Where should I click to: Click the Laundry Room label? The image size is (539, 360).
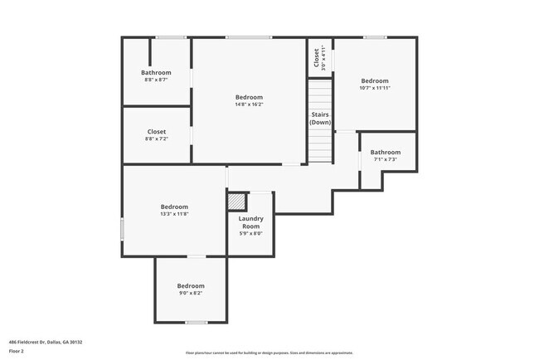pos(251,222)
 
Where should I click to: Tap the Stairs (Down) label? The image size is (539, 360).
pos(321,119)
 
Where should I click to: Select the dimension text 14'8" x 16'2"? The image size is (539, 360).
pos(249,105)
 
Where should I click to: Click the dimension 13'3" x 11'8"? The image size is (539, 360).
pos(174,214)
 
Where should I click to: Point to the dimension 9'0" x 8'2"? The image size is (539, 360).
pos(191,293)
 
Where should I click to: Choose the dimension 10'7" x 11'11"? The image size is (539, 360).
pos(375,88)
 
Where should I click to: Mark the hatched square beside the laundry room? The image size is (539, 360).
pos(236,202)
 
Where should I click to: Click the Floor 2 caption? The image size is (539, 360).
pos(17,351)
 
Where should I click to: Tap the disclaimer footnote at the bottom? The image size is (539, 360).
pos(269,352)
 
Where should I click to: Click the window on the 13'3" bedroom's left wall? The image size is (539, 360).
pos(123,229)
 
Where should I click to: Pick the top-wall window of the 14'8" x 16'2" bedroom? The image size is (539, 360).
pos(249,36)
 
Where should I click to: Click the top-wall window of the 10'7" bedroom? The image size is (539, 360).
pos(375,36)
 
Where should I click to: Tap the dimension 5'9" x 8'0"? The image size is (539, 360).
pos(251,233)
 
